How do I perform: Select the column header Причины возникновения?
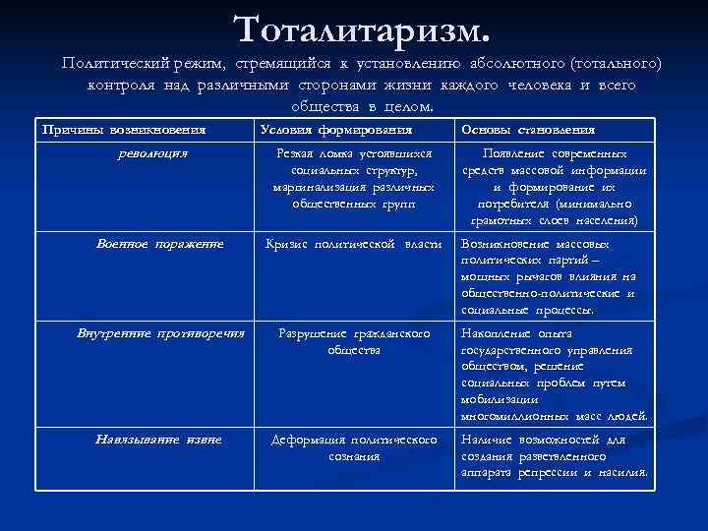124,130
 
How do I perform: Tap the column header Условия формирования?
335,130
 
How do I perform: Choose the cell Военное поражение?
159,243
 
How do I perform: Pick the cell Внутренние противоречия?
160,333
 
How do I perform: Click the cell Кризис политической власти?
353,243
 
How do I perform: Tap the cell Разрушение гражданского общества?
354,341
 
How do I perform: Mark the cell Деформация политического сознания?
354,447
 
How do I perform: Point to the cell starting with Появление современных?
555,187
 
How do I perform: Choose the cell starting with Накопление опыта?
554,375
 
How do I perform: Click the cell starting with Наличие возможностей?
554,456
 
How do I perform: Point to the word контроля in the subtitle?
117,86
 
